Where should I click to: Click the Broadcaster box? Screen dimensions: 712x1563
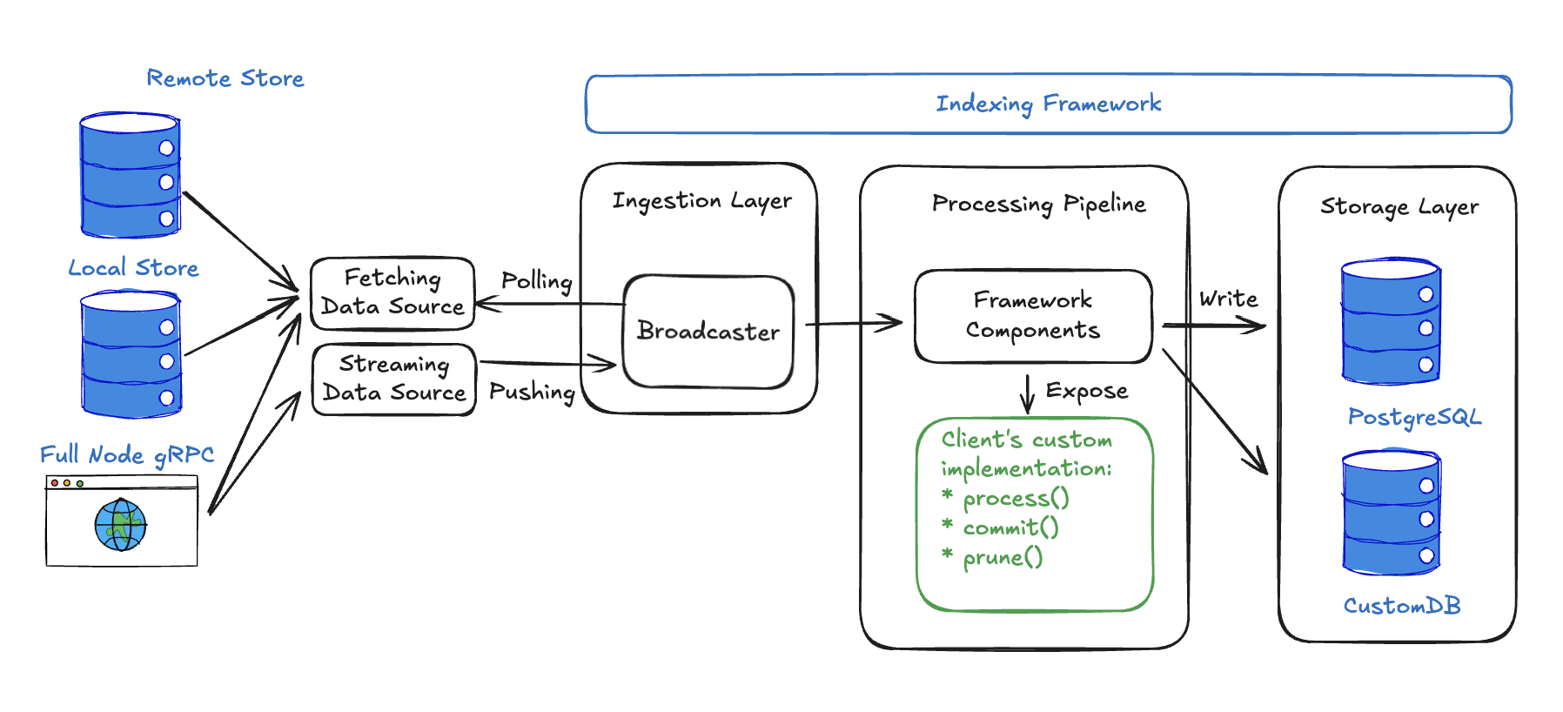click(708, 332)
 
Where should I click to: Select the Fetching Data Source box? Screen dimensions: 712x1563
click(392, 293)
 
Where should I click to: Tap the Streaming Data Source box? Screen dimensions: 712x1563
click(393, 380)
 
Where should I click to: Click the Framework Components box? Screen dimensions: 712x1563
click(1033, 316)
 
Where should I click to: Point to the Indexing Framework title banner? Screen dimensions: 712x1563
click(1048, 104)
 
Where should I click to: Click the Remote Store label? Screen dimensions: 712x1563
click(225, 78)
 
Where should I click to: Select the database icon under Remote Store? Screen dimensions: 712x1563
click(130, 175)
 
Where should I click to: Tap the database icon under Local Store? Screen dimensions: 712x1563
click(131, 354)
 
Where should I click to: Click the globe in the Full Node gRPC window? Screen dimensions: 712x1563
click(120, 525)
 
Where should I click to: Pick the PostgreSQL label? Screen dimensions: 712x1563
click(1414, 418)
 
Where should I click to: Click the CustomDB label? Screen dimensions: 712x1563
click(1402, 606)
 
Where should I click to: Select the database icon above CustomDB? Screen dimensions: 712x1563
click(1391, 513)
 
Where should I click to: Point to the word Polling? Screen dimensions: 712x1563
click(536, 281)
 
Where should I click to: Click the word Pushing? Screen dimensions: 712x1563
click(532, 392)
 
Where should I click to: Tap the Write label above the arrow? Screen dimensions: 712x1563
click(1228, 299)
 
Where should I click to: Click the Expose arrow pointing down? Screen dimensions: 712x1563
click(1028, 393)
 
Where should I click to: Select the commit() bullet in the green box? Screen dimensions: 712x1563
click(1010, 527)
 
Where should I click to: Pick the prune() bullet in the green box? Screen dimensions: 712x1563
click(1002, 557)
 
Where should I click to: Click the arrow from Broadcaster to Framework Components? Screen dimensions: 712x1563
click(854, 323)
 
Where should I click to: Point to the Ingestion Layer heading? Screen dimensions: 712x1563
click(701, 201)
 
